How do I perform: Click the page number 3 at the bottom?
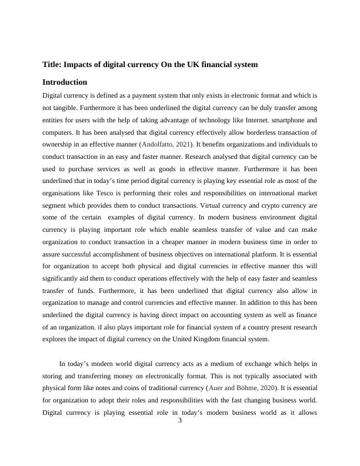pyautogui.click(x=180, y=420)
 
